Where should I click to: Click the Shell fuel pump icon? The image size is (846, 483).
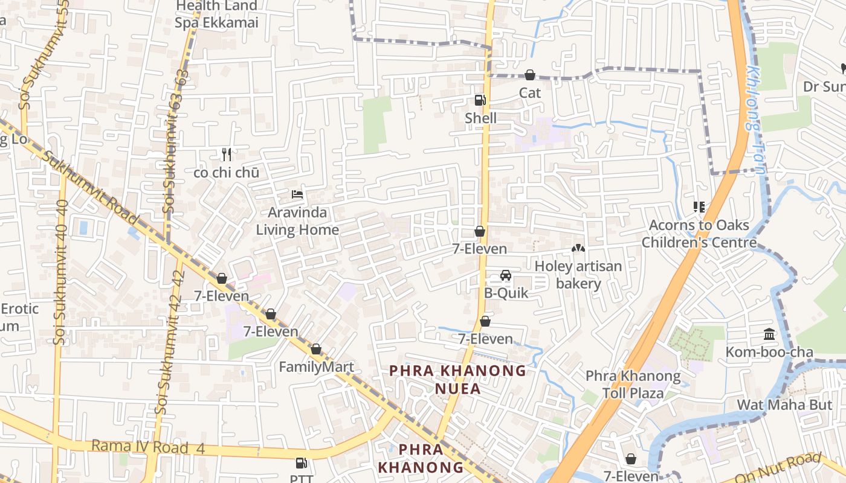(x=480, y=100)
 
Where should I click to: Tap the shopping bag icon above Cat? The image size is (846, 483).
(x=530, y=75)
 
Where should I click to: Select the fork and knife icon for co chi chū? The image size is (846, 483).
(x=227, y=155)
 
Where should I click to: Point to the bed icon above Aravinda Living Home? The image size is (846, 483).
(x=297, y=194)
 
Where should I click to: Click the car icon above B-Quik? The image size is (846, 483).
(x=506, y=275)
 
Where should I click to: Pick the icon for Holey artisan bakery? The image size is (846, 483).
(x=578, y=248)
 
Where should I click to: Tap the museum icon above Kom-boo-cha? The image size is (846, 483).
(x=769, y=334)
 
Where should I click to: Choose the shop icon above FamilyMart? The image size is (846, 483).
(x=316, y=349)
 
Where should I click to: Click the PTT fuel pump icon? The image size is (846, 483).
(x=301, y=464)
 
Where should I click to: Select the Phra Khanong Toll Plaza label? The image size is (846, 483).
(x=633, y=385)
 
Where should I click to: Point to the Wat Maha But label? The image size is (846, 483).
(x=784, y=405)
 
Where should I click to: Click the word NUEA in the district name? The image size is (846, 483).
(x=458, y=388)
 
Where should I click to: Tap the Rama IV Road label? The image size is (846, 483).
(x=140, y=447)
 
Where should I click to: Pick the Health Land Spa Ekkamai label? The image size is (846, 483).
(x=216, y=14)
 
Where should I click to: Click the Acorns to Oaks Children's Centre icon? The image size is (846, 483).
(x=699, y=207)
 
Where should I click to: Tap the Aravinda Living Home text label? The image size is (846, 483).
(x=297, y=221)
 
